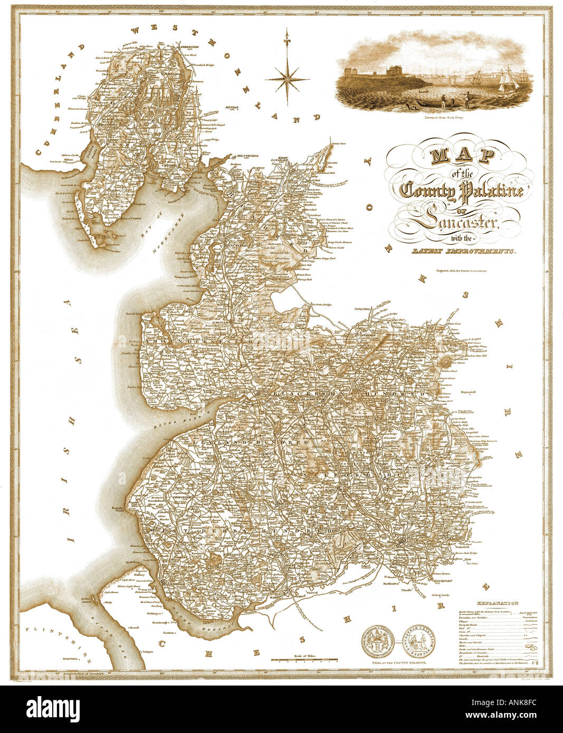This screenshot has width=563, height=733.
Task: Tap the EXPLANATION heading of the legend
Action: [x=497, y=602]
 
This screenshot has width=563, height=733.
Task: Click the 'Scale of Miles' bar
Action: [x=304, y=659]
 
